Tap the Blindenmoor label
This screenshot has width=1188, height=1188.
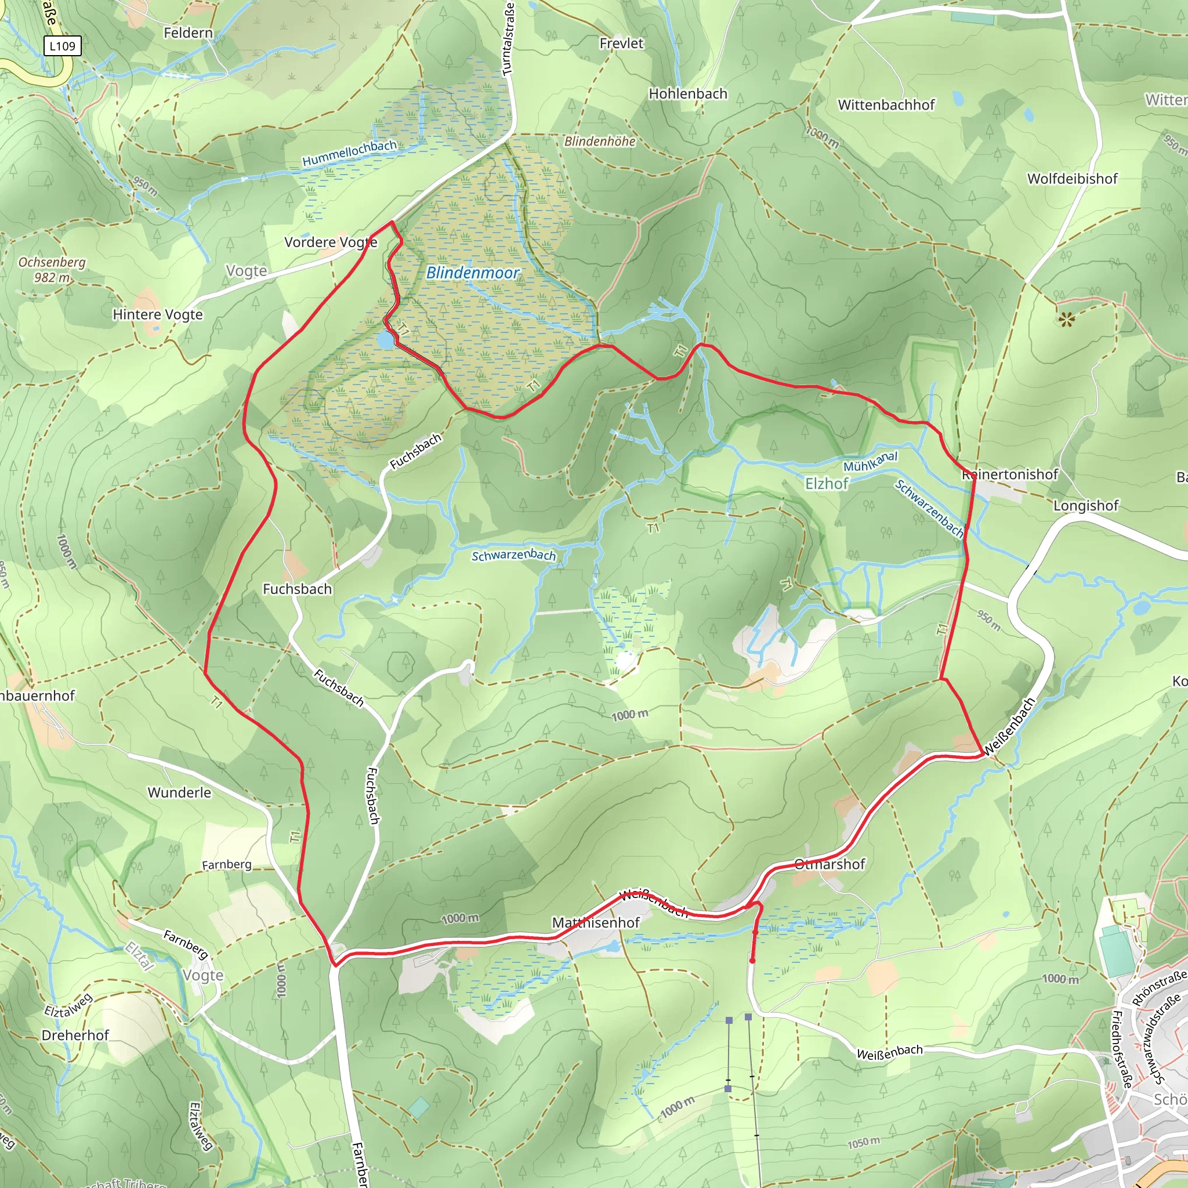(472, 273)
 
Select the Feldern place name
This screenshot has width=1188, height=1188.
(188, 32)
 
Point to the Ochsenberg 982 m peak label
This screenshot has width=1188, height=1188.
(52, 269)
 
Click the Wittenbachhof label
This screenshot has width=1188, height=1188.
(886, 105)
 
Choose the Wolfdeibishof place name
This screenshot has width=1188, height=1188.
(1073, 179)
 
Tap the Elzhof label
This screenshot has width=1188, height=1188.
(827, 484)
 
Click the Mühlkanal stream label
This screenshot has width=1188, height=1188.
(870, 462)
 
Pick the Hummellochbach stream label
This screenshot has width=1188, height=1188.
(349, 153)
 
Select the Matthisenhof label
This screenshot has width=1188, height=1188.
(596, 922)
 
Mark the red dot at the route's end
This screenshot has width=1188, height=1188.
(752, 961)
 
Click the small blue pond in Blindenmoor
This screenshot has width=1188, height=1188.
(386, 339)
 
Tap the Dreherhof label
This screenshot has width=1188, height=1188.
(75, 1035)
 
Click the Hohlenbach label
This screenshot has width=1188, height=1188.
(688, 94)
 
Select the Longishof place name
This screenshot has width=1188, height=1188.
(1086, 505)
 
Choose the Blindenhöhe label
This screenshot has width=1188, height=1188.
(600, 142)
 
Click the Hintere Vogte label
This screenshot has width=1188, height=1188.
(157, 315)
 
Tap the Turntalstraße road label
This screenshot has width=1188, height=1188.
(508, 38)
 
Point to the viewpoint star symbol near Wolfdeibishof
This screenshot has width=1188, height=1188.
(1066, 319)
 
